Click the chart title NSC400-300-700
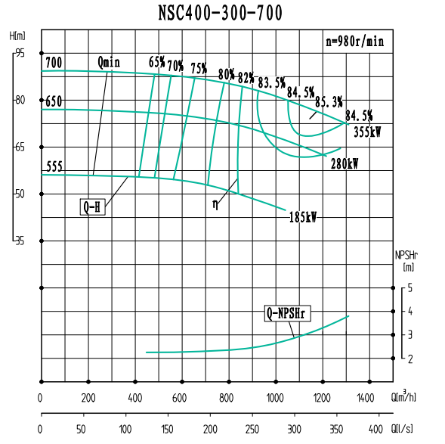pyautogui.click(x=221, y=13)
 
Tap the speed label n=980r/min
pyautogui.click(x=354, y=42)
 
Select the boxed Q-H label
pyautogui.click(x=93, y=206)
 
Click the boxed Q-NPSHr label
pyautogui.click(x=289, y=313)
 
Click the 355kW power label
pyautogui.click(x=367, y=132)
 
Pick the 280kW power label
pyautogui.click(x=345, y=163)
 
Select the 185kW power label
pyautogui.click(x=302, y=217)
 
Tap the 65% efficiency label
pyautogui.click(x=157, y=62)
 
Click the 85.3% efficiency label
pyautogui.click(x=329, y=101)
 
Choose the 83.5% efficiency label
pyautogui.click(x=271, y=82)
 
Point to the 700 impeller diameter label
pyautogui.click(x=53, y=62)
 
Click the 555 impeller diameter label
pyautogui.click(x=53, y=167)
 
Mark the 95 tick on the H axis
pyautogui.click(x=19, y=53)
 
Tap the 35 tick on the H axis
pyautogui.click(x=19, y=241)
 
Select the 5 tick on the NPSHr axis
pyautogui.click(x=409, y=288)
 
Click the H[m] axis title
pyautogui.click(x=17, y=36)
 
